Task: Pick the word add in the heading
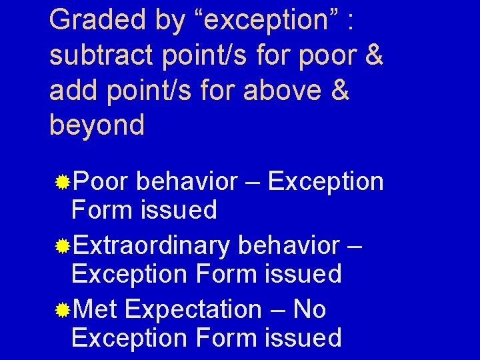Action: [72, 90]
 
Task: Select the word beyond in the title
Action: [97, 125]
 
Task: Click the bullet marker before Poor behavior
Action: [63, 181]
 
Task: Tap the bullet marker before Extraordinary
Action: [63, 247]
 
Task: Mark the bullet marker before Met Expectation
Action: [63, 310]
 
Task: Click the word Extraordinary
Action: [151, 247]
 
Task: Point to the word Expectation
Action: [193, 311]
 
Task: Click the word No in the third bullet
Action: [309, 309]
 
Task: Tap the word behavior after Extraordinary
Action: [288, 245]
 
